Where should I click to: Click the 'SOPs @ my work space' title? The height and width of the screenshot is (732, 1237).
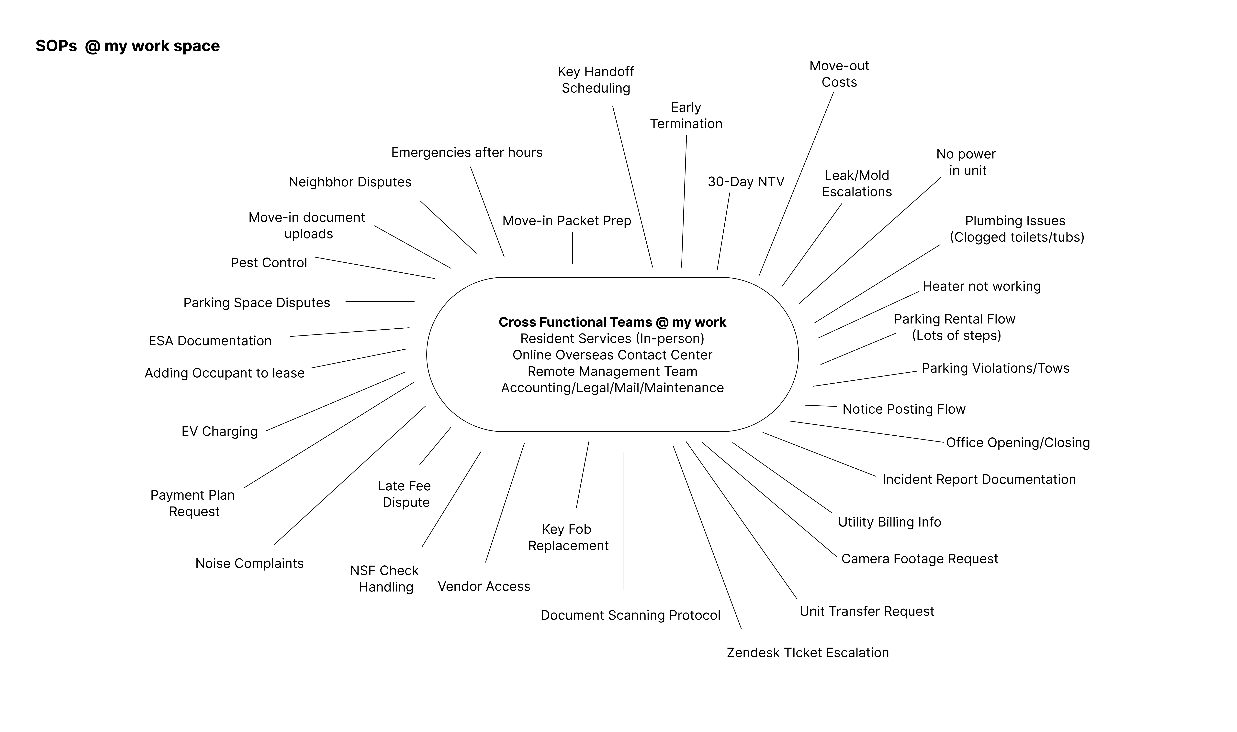(127, 46)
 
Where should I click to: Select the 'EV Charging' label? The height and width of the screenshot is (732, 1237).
(220, 432)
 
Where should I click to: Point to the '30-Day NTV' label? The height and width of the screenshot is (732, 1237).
(746, 182)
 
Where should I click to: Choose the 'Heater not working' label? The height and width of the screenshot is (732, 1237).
(981, 287)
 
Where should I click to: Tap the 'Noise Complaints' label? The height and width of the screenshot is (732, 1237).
(249, 563)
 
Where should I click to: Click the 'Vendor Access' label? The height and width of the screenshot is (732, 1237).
(484, 586)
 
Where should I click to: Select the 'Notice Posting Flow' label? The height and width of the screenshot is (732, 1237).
(903, 409)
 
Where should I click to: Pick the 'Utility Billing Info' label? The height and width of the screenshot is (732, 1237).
(889, 522)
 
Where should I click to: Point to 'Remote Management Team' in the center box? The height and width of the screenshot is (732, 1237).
(612, 371)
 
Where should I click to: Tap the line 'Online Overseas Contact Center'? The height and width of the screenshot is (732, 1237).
(612, 355)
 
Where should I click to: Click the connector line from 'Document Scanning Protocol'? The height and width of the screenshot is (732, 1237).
(623, 520)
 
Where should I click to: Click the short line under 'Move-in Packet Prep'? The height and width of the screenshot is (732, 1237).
(572, 248)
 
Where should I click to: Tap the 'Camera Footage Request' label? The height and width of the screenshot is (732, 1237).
(919, 559)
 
